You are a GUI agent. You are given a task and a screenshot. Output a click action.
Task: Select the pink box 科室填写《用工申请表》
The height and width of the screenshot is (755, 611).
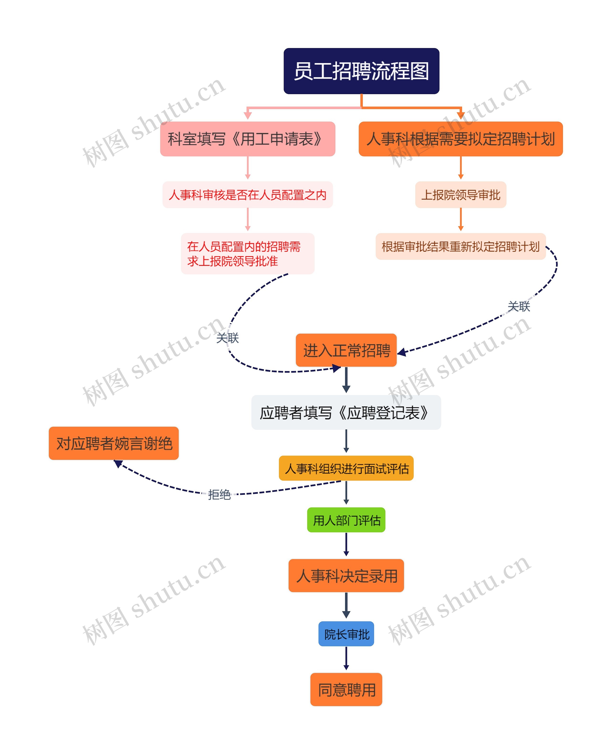click(248, 139)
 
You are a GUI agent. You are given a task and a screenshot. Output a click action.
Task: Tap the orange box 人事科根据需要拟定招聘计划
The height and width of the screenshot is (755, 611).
click(460, 139)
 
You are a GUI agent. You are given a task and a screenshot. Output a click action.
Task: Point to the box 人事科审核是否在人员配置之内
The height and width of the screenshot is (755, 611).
click(248, 194)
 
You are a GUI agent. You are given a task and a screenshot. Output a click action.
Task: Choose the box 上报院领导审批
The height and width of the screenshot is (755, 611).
click(460, 194)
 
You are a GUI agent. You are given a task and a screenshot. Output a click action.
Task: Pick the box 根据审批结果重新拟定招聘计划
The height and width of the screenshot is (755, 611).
click(460, 246)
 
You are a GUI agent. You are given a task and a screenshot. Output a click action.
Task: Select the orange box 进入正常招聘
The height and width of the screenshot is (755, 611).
click(346, 350)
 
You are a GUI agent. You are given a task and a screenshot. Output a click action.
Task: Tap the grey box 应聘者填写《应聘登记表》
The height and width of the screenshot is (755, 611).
click(346, 412)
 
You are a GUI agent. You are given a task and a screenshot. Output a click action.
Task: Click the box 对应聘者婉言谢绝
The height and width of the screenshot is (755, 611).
click(114, 443)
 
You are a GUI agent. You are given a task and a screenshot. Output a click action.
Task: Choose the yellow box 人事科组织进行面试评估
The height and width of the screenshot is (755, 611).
click(346, 468)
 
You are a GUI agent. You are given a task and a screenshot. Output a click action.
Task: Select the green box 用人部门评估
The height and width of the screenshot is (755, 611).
click(346, 520)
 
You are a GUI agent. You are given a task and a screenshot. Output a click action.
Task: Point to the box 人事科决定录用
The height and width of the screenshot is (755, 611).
click(346, 575)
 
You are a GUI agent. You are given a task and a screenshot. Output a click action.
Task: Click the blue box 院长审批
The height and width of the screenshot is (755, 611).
click(346, 634)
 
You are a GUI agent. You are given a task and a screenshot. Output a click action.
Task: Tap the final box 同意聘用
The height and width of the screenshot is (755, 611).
click(346, 690)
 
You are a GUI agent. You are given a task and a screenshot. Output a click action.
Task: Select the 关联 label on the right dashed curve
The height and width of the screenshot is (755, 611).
click(518, 306)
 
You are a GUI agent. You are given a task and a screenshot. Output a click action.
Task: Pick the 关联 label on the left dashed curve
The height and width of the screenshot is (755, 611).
click(227, 338)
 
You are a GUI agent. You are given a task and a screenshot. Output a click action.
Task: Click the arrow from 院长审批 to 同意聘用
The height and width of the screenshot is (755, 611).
click(346, 658)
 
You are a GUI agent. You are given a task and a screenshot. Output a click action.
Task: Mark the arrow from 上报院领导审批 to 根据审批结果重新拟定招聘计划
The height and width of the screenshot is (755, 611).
click(460, 219)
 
